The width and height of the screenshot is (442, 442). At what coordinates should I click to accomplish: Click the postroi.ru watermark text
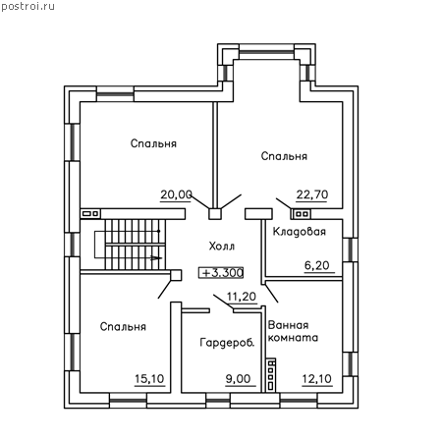point(28,7)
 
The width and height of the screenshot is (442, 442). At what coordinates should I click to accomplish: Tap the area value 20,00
point(176,194)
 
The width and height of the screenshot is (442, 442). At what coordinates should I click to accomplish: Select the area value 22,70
point(312,194)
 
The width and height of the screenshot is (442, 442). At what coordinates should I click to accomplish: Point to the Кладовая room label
point(300,232)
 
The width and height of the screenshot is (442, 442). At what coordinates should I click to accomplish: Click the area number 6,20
point(317,265)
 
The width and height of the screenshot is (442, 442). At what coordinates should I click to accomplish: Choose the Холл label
point(222,246)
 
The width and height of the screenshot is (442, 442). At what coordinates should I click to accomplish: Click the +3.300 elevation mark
point(221,272)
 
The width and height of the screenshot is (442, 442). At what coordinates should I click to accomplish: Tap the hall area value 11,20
point(242,297)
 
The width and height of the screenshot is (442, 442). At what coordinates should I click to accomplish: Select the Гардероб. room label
point(227,343)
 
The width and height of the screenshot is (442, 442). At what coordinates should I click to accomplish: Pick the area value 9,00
point(238,379)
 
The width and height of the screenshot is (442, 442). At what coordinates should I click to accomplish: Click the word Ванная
point(288,325)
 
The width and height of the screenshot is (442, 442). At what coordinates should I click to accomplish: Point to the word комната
point(293,338)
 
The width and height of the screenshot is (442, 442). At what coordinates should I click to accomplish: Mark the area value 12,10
point(316,379)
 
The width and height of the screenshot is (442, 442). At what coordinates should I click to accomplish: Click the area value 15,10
point(149,379)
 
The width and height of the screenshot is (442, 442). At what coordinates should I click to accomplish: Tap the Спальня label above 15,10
point(123,326)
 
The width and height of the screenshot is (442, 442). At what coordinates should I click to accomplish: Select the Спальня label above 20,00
point(153,143)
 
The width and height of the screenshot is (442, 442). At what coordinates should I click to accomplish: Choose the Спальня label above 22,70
point(284,156)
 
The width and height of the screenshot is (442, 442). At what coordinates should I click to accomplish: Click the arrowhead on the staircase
point(156,258)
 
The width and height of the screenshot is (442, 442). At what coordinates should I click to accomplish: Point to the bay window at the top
point(266,52)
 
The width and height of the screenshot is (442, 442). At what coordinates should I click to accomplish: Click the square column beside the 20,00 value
point(215,214)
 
